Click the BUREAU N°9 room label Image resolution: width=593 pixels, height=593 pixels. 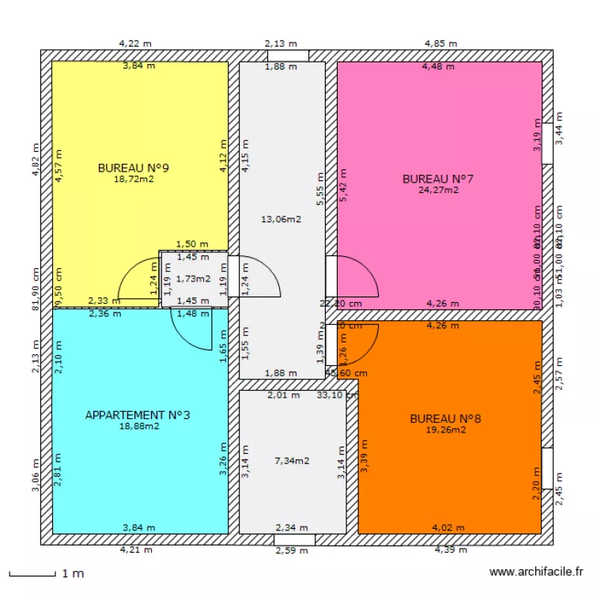134,168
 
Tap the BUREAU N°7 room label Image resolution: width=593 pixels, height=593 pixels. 438,178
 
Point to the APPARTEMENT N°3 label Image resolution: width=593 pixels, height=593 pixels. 138,414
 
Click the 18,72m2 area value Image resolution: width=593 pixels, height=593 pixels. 134,179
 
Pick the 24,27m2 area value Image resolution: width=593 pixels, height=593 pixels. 438,190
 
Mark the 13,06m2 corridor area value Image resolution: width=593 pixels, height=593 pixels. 281,220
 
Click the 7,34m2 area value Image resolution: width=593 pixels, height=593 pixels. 292,460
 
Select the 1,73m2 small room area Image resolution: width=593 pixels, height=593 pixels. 193,278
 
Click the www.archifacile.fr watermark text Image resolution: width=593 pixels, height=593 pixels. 537,572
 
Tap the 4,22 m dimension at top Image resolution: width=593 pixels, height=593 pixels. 135,44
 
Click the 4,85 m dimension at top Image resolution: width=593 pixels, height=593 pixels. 441,44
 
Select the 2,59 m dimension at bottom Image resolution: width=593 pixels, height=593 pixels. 292,550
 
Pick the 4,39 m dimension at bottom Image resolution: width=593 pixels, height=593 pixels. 451,550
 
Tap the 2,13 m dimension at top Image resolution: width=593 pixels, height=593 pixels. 281,44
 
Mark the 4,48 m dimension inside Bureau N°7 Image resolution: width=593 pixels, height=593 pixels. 438,66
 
